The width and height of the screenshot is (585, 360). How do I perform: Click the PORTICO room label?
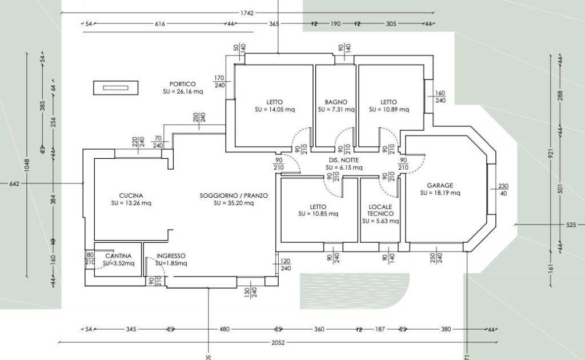(182, 84)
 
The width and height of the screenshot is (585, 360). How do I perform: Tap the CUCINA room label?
(131, 195)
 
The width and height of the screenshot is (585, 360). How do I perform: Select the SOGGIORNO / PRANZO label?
(233, 195)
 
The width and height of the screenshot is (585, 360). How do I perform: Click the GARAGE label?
(440, 185)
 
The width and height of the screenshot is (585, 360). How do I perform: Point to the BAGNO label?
(336, 102)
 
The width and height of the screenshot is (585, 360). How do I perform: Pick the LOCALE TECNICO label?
(380, 210)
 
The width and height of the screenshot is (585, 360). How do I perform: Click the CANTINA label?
(118, 255)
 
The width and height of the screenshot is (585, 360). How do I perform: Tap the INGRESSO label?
(170, 255)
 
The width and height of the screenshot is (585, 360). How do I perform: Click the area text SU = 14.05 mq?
(275, 109)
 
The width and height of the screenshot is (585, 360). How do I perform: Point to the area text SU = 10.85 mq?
(318, 214)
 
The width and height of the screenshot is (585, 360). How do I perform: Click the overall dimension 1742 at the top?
(247, 13)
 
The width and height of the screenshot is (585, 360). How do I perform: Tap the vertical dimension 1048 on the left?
(26, 165)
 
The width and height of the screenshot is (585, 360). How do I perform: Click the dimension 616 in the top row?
(159, 24)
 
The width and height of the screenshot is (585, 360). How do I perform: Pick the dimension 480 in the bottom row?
(224, 329)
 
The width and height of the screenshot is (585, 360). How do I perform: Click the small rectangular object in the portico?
(116, 87)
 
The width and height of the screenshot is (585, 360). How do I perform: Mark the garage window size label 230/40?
(503, 189)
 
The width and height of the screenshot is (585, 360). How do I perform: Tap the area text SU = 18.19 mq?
(440, 193)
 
